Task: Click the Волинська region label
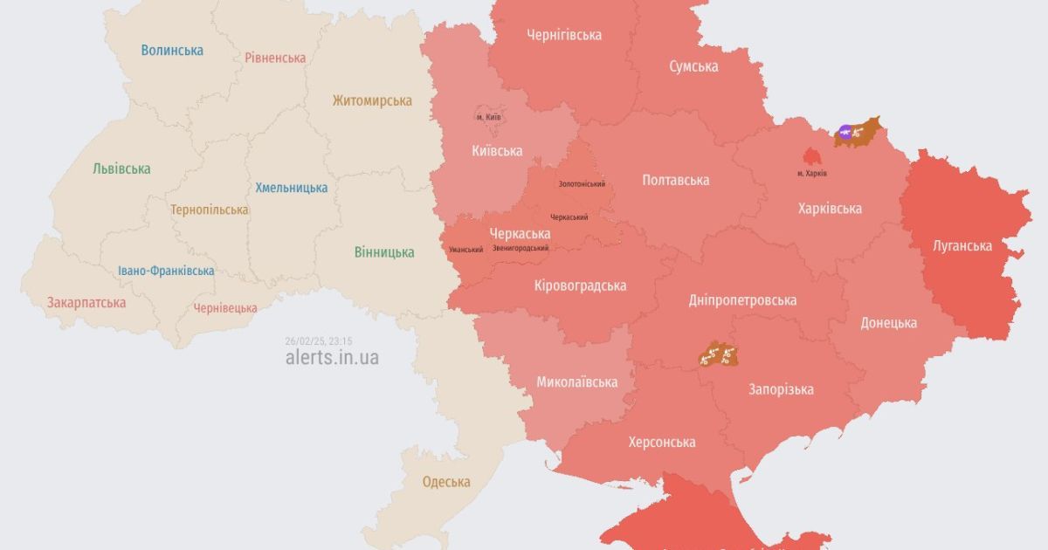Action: [172, 50]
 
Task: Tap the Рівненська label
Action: [275, 58]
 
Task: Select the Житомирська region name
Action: [371, 100]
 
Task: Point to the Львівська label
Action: [121, 168]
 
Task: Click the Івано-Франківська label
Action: [166, 271]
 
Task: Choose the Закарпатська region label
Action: [86, 303]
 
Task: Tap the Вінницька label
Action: [384, 252]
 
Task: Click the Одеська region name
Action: [446, 482]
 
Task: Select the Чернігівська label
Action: [564, 35]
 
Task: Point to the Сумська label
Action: [693, 66]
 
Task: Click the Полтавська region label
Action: [675, 180]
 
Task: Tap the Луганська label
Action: [962, 246]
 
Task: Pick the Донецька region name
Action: [888, 322]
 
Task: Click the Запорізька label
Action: [781, 389]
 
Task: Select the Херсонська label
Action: [662, 442]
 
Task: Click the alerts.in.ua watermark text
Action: [332, 358]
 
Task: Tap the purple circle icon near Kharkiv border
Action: [845, 133]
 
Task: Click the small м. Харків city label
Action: [812, 174]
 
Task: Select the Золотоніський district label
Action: [582, 184]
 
